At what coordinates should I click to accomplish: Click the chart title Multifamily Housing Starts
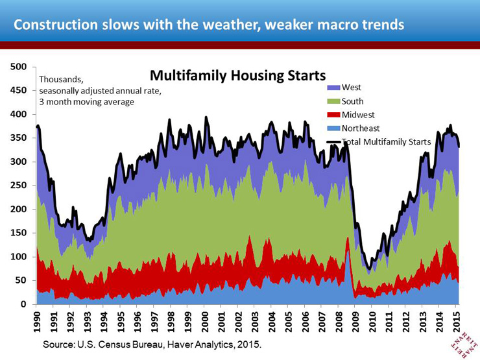point(237,76)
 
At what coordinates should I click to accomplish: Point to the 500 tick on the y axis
point(18,66)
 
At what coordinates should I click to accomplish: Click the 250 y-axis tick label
point(18,186)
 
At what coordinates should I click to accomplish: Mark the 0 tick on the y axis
point(23,304)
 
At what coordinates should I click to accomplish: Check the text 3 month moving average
point(86,102)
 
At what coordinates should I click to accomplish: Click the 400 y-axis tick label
point(18,114)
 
